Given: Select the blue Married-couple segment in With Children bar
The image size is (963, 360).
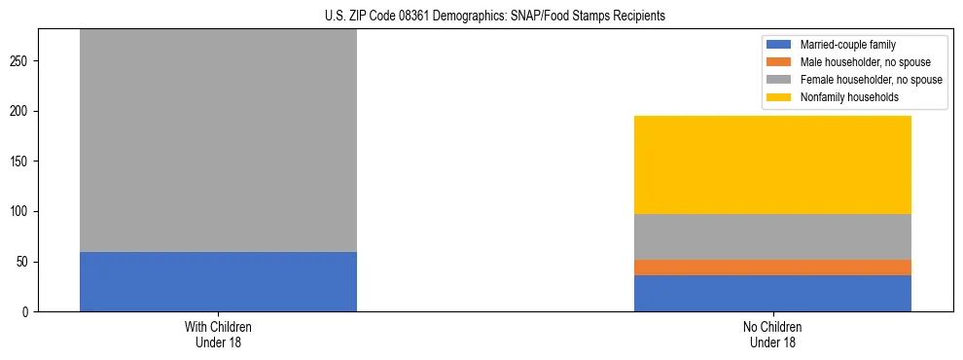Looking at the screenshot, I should click(x=218, y=281).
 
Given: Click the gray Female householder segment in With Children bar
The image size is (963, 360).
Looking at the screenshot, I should click(x=218, y=141).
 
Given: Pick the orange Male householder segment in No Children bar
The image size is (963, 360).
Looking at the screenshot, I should click(x=772, y=268).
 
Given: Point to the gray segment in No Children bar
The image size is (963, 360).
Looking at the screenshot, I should click(x=772, y=236).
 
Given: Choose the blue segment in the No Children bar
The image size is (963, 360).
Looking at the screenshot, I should click(x=772, y=293).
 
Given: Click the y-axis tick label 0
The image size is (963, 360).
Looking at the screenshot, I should click(x=28, y=312).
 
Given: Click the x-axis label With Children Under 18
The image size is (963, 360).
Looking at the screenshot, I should click(x=218, y=334).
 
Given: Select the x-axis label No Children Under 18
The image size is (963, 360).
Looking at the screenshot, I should click(x=772, y=334).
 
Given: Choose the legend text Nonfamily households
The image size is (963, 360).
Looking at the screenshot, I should click(x=843, y=97).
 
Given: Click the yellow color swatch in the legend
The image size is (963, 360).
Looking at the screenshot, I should click(x=780, y=97).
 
